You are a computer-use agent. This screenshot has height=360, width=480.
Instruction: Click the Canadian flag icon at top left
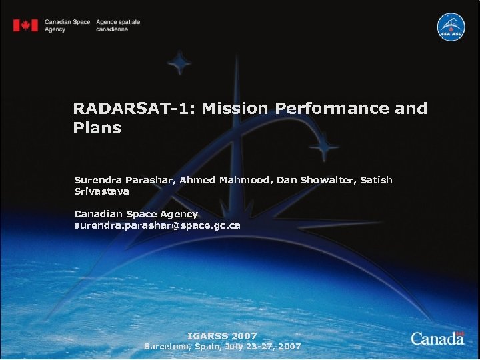point(26,25)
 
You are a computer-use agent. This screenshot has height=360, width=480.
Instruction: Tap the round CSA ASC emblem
point(451,27)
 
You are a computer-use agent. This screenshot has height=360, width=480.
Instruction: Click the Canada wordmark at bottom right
point(437,338)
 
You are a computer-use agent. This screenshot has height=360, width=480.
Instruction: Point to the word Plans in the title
point(97,128)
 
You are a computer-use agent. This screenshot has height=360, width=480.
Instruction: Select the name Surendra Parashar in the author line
point(125,181)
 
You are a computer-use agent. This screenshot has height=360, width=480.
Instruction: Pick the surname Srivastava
point(101,191)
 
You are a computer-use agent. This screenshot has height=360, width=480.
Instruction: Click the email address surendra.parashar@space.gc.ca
point(157,226)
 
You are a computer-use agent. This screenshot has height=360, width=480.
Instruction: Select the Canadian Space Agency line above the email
point(136,214)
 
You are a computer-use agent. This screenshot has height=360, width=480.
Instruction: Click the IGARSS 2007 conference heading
point(222,336)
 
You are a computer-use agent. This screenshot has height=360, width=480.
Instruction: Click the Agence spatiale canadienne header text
point(118,26)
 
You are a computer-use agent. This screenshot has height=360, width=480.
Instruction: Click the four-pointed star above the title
point(179,65)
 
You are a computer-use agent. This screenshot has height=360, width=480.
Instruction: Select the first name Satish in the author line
point(377,181)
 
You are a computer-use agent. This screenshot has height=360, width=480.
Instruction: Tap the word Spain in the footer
point(209,347)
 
